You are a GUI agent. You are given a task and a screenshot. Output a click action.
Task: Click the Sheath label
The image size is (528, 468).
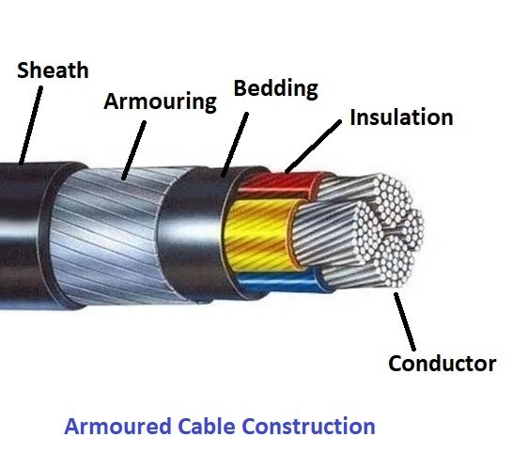click(x=53, y=70)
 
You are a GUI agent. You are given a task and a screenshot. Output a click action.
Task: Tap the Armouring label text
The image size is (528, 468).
click(x=161, y=101)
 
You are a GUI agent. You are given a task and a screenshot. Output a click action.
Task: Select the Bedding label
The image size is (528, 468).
click(x=276, y=88)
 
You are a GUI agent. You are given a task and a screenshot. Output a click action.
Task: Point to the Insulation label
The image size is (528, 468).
click(x=401, y=117)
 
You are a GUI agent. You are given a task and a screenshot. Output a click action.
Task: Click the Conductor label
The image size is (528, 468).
click(x=443, y=363)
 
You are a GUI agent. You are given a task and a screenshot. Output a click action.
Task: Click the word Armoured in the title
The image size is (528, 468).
click(x=117, y=426)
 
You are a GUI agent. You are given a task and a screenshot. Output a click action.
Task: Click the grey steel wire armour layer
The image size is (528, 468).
click(x=115, y=236)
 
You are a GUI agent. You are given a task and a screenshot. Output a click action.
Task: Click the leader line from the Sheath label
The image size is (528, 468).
click(x=31, y=125)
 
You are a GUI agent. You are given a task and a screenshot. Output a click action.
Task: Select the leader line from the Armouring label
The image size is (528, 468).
click(x=133, y=150)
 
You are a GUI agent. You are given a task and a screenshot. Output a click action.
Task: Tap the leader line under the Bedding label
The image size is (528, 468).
click(x=235, y=145)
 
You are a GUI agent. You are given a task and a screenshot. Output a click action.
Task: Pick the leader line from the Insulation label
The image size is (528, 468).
click(x=313, y=147)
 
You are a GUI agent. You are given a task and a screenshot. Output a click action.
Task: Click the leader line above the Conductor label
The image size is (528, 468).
click(x=405, y=321)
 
